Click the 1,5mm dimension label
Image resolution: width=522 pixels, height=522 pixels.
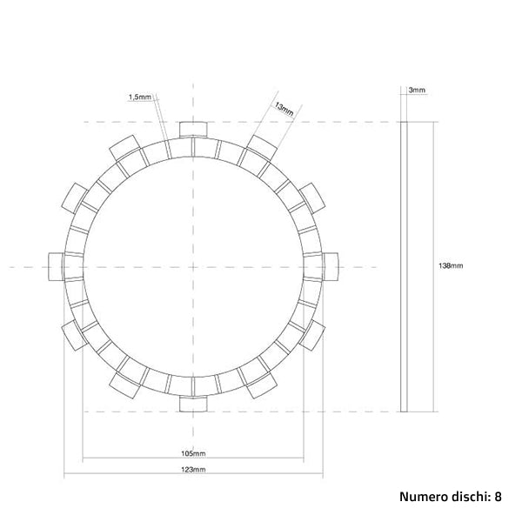tap(139, 97)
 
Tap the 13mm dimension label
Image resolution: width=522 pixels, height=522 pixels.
tap(284, 109)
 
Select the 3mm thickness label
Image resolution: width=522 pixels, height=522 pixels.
tap(417, 90)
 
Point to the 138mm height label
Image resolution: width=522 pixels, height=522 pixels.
tap(451, 265)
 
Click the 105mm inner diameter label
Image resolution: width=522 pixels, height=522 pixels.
tap(195, 453)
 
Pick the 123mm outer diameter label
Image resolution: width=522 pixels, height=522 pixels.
tap(195, 469)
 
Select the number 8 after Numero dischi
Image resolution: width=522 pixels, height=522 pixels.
tap(499, 498)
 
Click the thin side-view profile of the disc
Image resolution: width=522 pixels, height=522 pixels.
tap(403, 265)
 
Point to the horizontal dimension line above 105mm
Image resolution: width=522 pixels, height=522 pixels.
tap(195, 459)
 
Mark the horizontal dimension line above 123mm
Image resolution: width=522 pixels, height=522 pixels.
tap(195, 475)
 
